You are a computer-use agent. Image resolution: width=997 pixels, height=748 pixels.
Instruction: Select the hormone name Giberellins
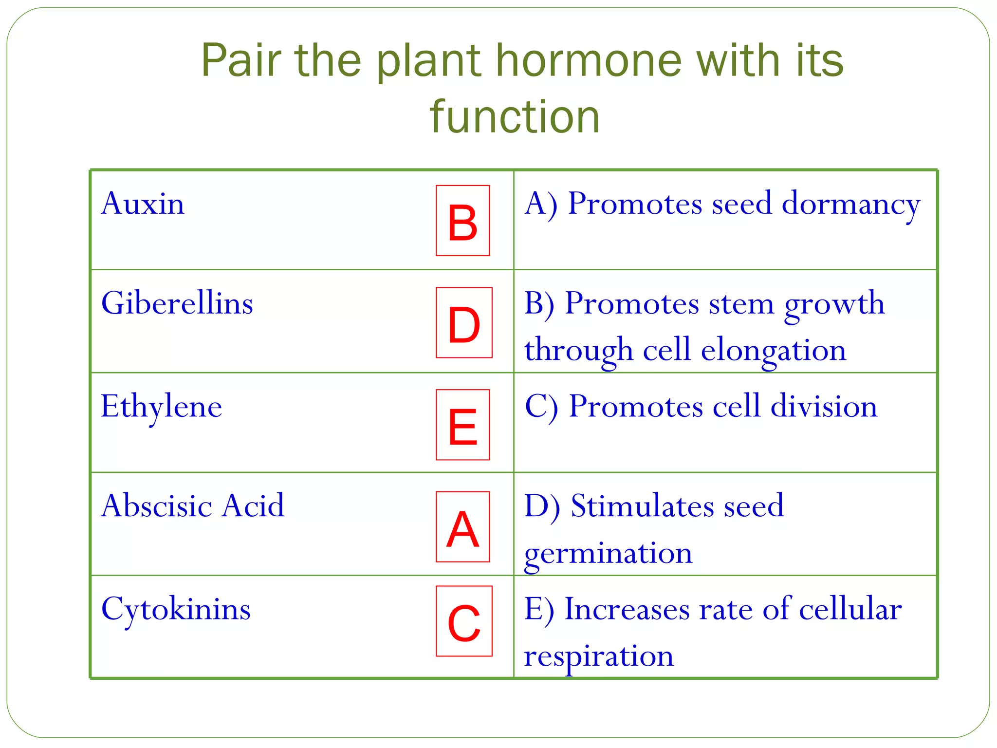177,303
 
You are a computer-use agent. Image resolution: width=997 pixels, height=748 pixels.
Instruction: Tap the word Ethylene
161,407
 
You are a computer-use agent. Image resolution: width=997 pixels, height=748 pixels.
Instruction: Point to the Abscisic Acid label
193,506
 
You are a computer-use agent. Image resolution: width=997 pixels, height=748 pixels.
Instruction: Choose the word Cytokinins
176,609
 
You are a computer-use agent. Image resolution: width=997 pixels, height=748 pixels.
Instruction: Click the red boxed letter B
462,221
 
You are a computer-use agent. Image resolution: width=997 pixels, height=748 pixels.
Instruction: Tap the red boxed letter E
462,425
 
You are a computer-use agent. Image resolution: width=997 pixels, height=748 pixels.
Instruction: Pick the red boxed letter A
462,527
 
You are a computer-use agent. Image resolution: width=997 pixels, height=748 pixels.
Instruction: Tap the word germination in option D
608,554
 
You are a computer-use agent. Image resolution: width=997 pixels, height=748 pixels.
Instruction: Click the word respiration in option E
599,656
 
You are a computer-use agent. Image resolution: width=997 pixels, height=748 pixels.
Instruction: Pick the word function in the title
514,117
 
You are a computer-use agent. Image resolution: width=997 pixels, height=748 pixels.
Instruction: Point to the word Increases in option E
627,609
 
